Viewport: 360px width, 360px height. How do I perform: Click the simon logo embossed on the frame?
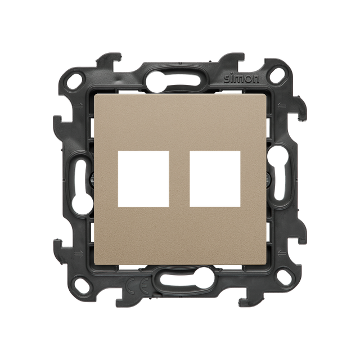(x=241, y=79)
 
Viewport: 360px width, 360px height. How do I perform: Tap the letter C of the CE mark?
(x=132, y=286)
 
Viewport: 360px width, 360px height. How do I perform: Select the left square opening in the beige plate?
(x=143, y=179)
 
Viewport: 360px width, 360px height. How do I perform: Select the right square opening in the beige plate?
(x=215, y=178)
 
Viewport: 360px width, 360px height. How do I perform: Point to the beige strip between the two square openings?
(x=179, y=179)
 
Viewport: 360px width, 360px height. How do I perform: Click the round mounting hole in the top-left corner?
(x=74, y=81)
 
